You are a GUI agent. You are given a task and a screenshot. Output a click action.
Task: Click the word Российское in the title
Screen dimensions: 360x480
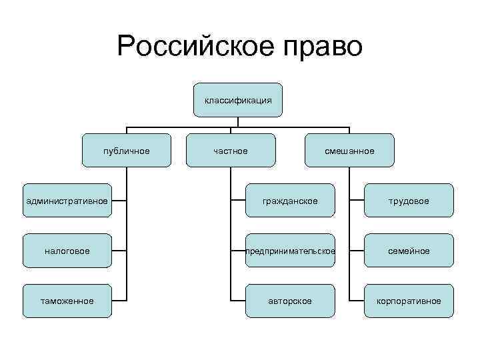click(x=195, y=47)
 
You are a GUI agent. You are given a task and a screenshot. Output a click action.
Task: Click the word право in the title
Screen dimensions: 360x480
click(x=323, y=47)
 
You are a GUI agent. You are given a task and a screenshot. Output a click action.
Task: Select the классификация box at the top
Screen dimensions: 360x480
click(x=238, y=100)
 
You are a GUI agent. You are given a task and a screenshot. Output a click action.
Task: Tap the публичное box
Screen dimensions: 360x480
click(x=127, y=151)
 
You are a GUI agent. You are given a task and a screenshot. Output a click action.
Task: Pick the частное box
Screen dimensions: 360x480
click(x=231, y=151)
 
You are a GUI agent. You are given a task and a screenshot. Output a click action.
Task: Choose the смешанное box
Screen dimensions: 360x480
click(x=349, y=151)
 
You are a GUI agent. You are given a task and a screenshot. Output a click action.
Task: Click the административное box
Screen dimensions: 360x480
click(x=67, y=201)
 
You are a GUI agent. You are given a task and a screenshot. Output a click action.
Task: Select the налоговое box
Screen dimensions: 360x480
click(x=67, y=251)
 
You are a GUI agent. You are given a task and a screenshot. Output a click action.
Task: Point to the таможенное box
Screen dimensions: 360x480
click(x=67, y=301)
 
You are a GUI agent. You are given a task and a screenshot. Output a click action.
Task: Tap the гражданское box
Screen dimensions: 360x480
click(x=290, y=201)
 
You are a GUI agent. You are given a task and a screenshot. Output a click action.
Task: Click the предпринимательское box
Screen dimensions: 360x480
click(x=290, y=251)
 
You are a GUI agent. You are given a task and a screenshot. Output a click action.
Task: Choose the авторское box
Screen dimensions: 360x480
click(x=290, y=301)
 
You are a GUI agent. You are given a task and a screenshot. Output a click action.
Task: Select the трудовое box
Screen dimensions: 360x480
click(x=409, y=201)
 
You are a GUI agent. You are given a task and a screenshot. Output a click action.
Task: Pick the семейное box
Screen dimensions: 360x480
click(x=409, y=251)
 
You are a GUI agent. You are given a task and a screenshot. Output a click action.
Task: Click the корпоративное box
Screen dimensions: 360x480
click(x=409, y=301)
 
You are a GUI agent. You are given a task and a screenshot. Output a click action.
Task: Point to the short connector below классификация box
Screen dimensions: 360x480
click(x=238, y=121)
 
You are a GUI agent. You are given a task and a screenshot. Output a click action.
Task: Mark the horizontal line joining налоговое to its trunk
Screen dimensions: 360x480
click(x=119, y=251)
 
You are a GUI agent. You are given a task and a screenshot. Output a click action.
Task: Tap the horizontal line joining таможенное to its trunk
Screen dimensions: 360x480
click(x=119, y=301)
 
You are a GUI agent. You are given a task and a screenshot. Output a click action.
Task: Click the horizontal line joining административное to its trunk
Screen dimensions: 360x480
click(x=119, y=201)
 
